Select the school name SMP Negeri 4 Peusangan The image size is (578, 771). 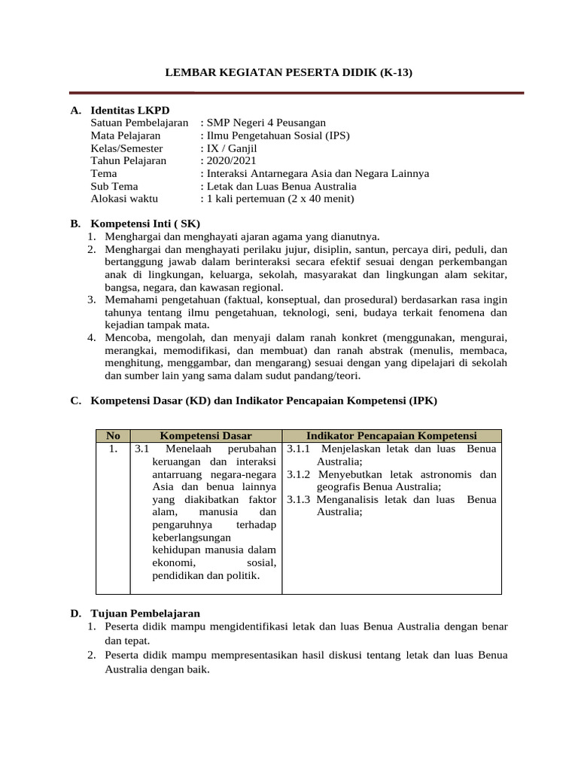point(266,123)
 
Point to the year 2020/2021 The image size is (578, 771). point(229,161)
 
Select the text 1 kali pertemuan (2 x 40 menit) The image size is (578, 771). point(280,200)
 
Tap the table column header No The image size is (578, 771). point(114,436)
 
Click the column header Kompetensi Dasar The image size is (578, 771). point(205,436)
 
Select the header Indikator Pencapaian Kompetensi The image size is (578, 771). point(391,436)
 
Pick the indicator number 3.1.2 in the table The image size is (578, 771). point(300,474)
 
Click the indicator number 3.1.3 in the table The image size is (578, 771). point(300,499)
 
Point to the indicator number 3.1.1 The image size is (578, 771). point(300,449)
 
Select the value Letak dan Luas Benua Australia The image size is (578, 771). point(284,187)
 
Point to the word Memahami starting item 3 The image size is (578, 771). point(130,300)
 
